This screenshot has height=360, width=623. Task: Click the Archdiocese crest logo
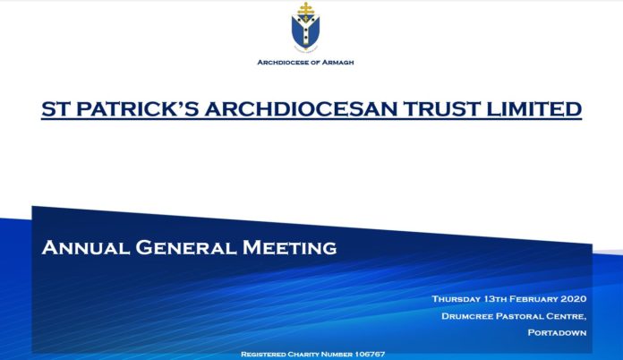tap(305, 27)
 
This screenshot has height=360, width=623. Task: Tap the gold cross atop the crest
tap(306, 9)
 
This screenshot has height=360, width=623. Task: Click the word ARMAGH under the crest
tap(337, 63)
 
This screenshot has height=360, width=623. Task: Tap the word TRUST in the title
tap(442, 109)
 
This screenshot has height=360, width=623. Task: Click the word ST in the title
tap(55, 109)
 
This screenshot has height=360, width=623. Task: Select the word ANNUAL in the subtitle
tap(85, 247)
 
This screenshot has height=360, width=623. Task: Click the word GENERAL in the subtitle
tap(186, 247)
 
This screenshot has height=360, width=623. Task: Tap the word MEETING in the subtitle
tap(290, 247)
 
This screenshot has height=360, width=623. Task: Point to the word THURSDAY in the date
tap(456, 299)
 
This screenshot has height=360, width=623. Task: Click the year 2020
tap(574, 299)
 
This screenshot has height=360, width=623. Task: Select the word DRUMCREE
tap(466, 316)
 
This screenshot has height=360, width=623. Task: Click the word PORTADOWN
tap(557, 332)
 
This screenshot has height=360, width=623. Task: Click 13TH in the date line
tap(495, 299)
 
